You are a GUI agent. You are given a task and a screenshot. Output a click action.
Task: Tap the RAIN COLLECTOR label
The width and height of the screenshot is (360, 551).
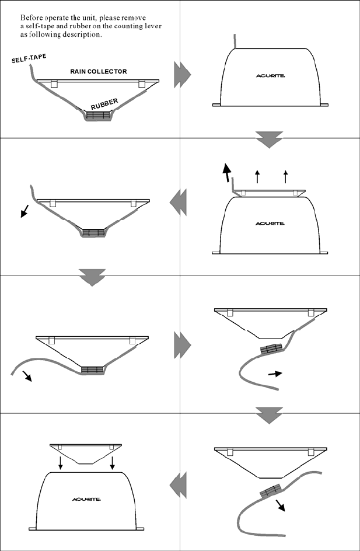tap(99, 71)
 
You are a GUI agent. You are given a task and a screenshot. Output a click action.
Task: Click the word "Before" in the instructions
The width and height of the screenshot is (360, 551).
tap(32, 18)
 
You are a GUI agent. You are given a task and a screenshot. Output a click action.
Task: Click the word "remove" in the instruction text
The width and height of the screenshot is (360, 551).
tap(138, 18)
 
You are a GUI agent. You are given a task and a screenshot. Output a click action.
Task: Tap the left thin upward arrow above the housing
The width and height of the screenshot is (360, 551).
tap(257, 176)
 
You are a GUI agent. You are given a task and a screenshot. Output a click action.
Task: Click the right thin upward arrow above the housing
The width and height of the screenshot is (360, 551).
tap(285, 176)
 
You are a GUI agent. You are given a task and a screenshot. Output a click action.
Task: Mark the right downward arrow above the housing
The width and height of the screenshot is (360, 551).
tap(111, 464)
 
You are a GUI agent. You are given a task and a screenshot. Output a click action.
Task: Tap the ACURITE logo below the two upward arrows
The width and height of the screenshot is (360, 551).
tap(270, 223)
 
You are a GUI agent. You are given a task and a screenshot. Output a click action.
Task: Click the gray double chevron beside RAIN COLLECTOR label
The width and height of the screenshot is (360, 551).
tap(182, 76)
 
